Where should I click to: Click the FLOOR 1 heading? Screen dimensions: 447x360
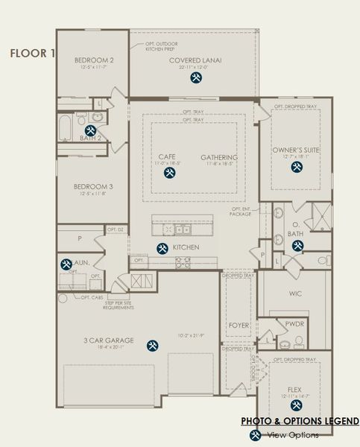[x=31, y=53]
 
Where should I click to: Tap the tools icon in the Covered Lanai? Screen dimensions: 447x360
[x=195, y=77]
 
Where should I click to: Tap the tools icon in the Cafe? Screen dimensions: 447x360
[x=168, y=173]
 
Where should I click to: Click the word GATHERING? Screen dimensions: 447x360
[x=218, y=157]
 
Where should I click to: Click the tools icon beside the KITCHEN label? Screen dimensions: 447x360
[x=161, y=248]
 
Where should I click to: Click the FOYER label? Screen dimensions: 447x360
[x=239, y=326]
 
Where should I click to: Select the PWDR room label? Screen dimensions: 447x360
[x=294, y=324]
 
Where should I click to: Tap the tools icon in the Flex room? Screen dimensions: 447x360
[x=296, y=405]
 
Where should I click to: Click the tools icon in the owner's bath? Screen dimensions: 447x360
[x=297, y=246]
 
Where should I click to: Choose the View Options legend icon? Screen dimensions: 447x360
[x=255, y=434]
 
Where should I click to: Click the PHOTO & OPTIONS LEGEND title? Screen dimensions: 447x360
[x=300, y=422]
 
